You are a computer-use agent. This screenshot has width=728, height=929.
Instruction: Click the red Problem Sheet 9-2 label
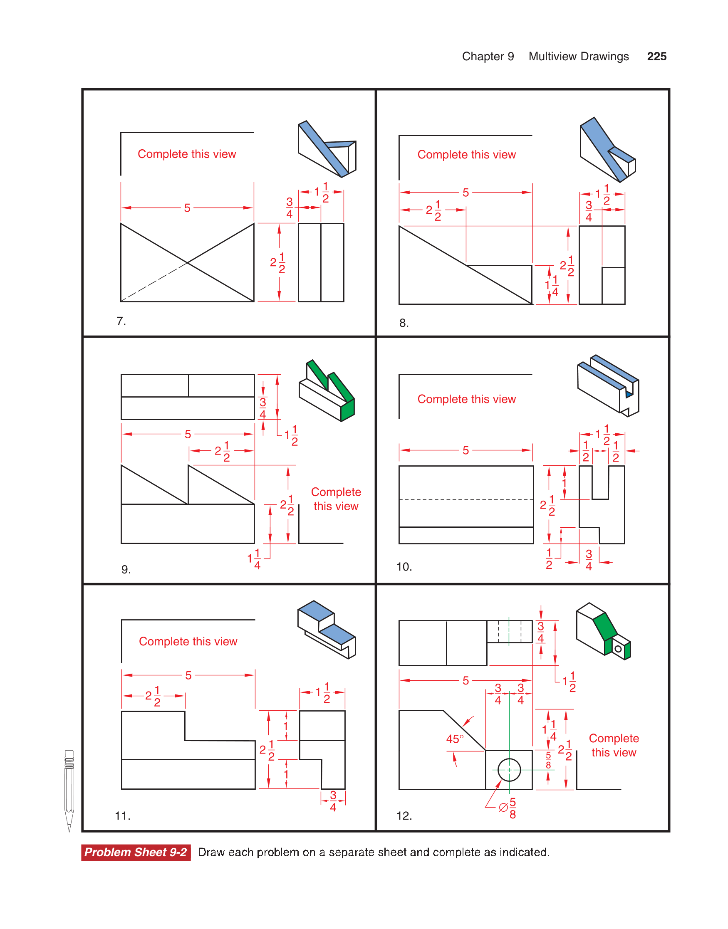(x=136, y=852)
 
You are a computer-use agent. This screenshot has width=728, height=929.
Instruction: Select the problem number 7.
(x=121, y=321)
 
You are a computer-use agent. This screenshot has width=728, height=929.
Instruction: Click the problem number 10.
(x=404, y=567)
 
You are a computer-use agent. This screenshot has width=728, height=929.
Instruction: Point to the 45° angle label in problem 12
(x=454, y=739)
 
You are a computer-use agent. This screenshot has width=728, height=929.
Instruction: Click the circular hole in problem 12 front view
(x=509, y=770)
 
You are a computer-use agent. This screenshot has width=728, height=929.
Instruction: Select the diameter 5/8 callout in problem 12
(x=508, y=808)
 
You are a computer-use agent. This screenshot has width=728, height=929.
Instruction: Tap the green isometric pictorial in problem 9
(x=327, y=391)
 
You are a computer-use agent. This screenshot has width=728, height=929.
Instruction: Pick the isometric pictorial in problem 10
(x=608, y=386)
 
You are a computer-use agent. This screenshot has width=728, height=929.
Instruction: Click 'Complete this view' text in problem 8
(x=466, y=155)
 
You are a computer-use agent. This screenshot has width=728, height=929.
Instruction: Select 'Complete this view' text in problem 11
(x=188, y=642)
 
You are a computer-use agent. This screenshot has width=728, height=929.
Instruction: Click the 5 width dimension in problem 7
(x=187, y=208)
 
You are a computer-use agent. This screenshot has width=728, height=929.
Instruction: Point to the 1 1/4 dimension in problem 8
(x=552, y=285)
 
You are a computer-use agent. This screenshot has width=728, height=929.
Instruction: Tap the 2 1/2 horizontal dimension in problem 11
(x=153, y=696)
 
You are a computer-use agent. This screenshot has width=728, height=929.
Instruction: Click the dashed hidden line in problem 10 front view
(x=466, y=500)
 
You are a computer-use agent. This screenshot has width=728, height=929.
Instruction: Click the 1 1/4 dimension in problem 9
(x=254, y=559)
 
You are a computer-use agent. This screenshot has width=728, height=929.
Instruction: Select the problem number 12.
(x=404, y=816)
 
